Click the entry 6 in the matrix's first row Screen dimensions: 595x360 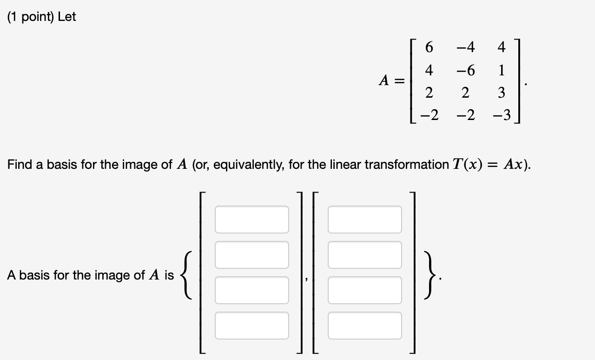pos(429,47)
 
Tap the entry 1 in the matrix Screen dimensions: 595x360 pos(501,71)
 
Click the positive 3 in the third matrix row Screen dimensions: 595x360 pos(501,93)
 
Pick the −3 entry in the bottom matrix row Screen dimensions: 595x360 pos(501,115)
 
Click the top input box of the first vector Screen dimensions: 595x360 pos(251,220)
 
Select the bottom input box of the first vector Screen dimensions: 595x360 pos(251,326)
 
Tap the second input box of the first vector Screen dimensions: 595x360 pos(251,255)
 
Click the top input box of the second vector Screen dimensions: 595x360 pos(364,220)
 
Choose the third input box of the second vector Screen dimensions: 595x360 pos(364,290)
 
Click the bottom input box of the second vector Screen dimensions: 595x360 pos(364,326)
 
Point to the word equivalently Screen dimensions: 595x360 pos(242,165)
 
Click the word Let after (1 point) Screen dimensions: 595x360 pos(67,17)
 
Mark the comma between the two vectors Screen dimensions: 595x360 pos(306,280)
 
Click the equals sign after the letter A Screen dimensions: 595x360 pos(400,81)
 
